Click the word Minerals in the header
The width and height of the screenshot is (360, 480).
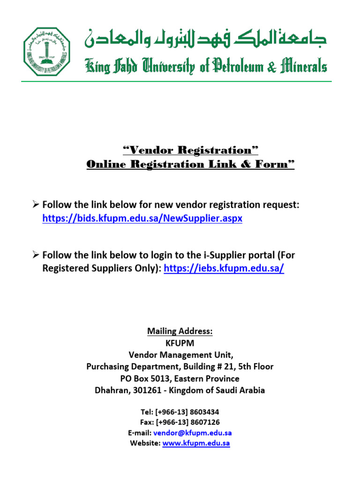[x=301, y=67]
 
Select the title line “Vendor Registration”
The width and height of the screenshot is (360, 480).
[x=190, y=150]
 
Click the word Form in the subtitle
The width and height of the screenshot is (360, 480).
[x=273, y=165]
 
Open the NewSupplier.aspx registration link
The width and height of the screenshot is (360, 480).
[x=142, y=218]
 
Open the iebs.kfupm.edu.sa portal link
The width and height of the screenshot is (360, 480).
[x=224, y=269]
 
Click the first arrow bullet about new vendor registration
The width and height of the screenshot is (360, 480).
[x=36, y=205]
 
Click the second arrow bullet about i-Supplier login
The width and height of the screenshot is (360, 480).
[x=36, y=255]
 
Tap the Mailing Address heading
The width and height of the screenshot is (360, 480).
[x=180, y=331]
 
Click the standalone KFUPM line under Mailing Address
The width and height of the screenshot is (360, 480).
[x=180, y=343]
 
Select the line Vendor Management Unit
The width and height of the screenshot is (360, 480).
[x=180, y=355]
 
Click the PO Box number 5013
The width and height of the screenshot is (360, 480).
[x=169, y=378]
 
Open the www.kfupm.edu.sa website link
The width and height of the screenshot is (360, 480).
[x=196, y=443]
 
